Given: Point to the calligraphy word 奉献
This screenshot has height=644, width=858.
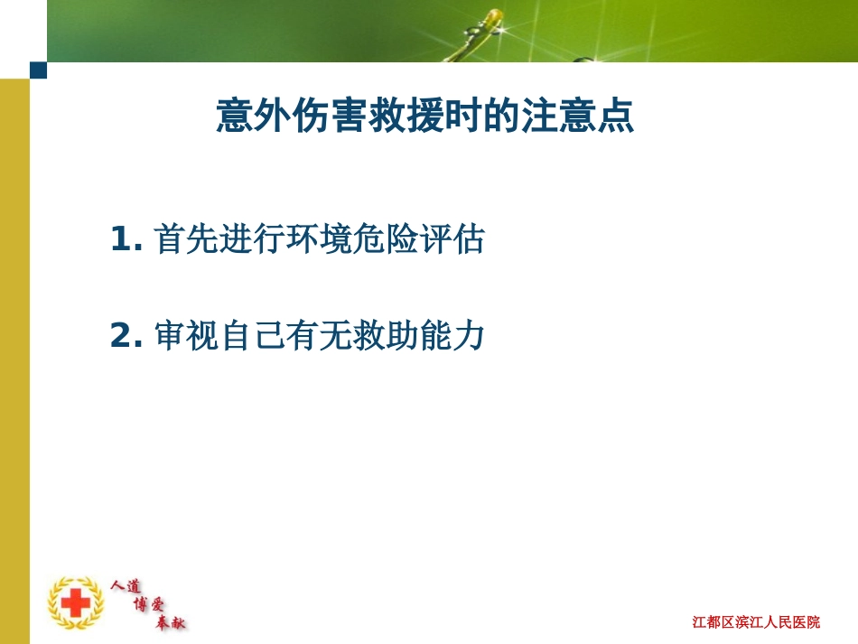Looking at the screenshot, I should [x=171, y=621].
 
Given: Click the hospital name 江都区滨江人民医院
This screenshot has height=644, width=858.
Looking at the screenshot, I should [x=757, y=621].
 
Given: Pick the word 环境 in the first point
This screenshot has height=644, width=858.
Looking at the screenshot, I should [x=312, y=240].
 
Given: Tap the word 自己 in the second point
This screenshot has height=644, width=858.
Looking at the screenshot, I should [x=249, y=337].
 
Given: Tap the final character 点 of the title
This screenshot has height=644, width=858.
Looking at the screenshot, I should [x=616, y=117].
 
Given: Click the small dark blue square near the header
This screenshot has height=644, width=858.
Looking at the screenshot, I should [x=38, y=70].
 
